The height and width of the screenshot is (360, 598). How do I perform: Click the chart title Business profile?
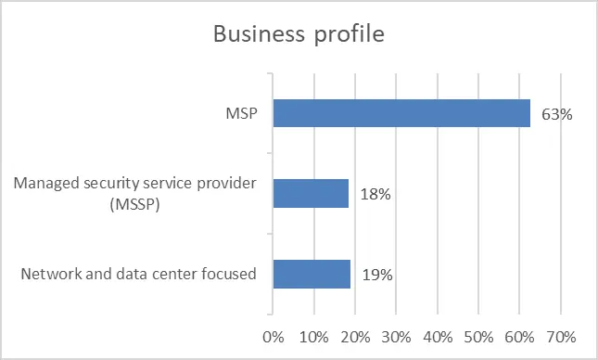tap(299, 34)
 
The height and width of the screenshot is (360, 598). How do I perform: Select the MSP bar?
tap(401, 113)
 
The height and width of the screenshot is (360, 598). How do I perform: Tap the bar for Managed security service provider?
tap(311, 194)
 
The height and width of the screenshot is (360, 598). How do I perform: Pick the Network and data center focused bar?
tap(312, 274)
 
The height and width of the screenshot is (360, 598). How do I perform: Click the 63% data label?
tap(557, 114)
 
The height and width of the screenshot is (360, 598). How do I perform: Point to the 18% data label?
tap(375, 194)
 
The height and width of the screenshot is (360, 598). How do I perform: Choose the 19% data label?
tap(377, 275)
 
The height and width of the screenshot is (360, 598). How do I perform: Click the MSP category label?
tap(241, 113)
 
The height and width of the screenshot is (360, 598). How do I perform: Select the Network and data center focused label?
tap(138, 274)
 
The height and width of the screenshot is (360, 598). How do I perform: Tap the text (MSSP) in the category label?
tap(134, 205)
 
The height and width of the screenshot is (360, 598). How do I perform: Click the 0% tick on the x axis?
tap(274, 337)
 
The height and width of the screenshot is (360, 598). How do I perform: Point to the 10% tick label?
tap(314, 337)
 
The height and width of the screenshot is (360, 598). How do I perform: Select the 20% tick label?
tap(355, 337)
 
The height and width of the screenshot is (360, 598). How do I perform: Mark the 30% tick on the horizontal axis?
tap(396, 337)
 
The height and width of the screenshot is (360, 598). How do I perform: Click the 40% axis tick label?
tap(438, 337)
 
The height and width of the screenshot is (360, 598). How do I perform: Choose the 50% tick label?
tap(478, 337)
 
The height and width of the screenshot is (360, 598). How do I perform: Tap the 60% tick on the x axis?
tap(519, 337)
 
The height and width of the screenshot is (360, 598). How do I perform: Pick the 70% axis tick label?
tap(561, 337)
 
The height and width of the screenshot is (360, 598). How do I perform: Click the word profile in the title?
tap(350, 34)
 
